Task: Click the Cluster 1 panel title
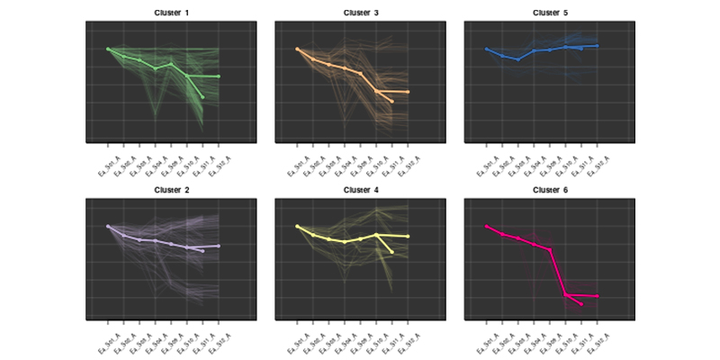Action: [171, 13]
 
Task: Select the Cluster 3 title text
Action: [360, 13]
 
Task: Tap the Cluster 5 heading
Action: [550, 13]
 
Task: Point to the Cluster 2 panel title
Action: [171, 190]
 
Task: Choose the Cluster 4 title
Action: [360, 190]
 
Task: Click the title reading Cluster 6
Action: [550, 190]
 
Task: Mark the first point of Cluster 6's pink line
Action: [486, 226]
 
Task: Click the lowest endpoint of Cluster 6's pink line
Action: [581, 304]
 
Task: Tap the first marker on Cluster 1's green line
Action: [107, 49]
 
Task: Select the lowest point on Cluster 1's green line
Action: [202, 97]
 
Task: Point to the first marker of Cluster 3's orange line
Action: [297, 49]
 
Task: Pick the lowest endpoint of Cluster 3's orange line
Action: [392, 102]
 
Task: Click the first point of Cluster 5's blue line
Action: [486, 49]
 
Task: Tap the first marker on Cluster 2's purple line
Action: [107, 226]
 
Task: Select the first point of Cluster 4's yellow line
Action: [297, 226]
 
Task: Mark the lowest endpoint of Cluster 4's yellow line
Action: [392, 252]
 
